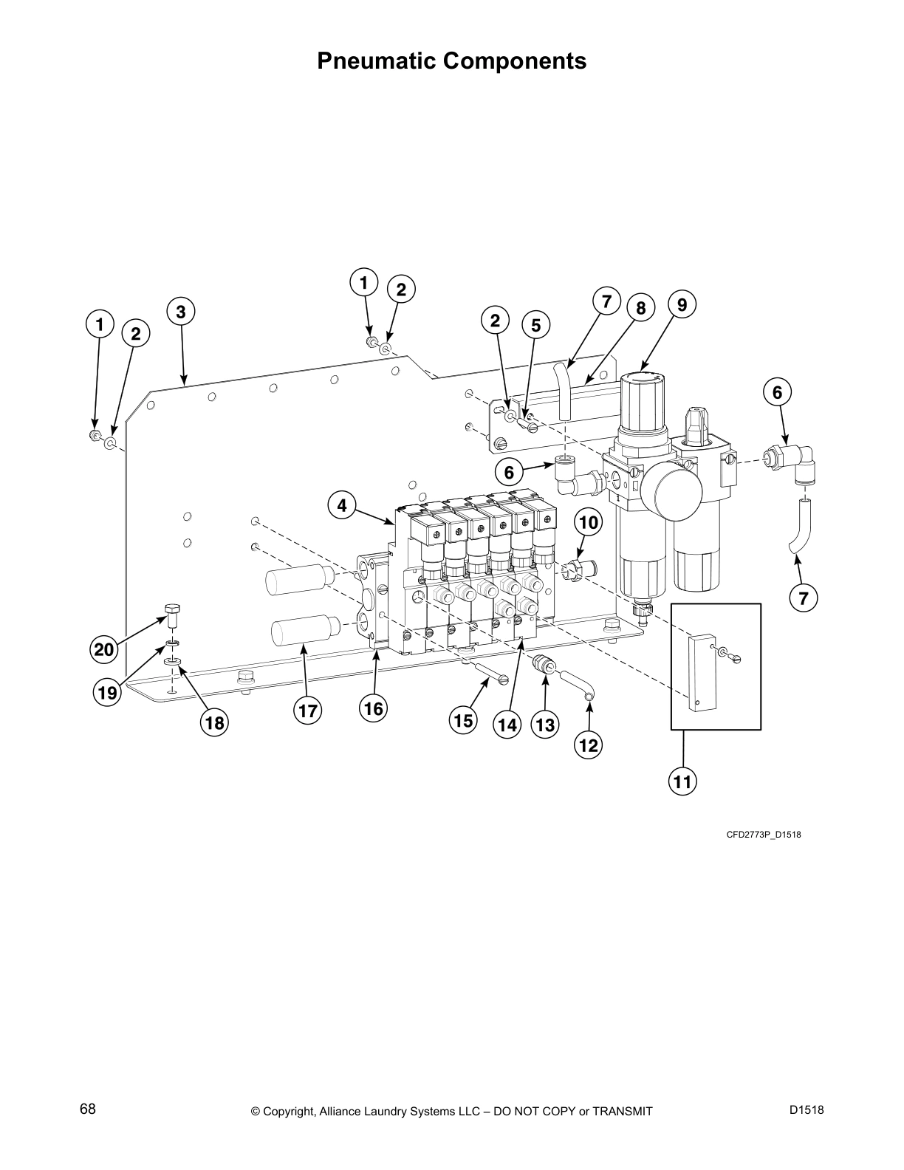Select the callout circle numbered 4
[x=342, y=506]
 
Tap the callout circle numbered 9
[x=682, y=304]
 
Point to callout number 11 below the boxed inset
[x=684, y=781]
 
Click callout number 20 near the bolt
[x=104, y=650]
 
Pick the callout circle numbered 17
[x=307, y=711]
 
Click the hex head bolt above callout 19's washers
[x=172, y=612]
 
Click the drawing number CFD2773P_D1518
[x=764, y=835]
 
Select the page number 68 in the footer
[x=88, y=1109]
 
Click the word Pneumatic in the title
[x=374, y=61]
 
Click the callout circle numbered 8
[x=641, y=308]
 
